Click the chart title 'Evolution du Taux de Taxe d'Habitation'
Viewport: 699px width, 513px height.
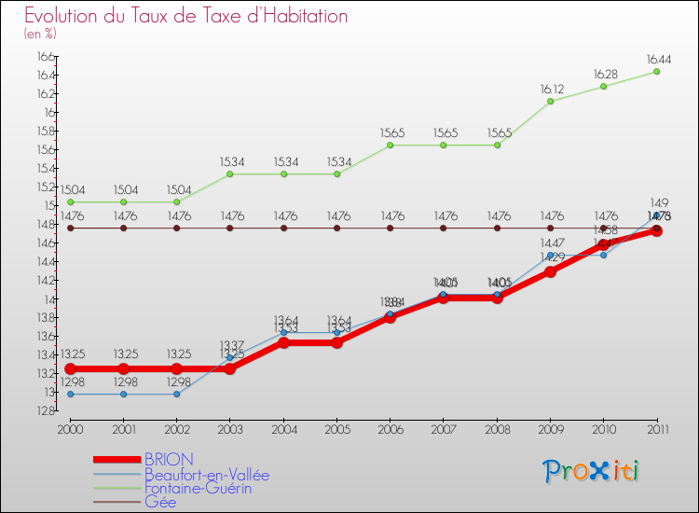coord(186,17)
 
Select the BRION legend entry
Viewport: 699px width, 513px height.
coord(169,459)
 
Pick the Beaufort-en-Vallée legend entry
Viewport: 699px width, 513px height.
coord(206,474)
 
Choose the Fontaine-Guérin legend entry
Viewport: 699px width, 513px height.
coord(198,488)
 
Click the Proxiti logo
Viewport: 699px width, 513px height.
coord(592,471)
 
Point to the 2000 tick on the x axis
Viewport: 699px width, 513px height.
coord(70,428)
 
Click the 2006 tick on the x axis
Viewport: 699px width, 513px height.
coord(390,428)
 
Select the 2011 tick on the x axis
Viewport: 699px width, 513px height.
coord(656,428)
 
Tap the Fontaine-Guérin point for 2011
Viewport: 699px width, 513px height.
coord(656,72)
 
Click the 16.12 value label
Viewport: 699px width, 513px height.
coord(550,89)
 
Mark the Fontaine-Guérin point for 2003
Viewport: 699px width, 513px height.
coord(230,173)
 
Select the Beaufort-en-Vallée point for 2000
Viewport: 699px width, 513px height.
coord(70,394)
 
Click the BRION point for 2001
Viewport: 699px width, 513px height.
coord(123,368)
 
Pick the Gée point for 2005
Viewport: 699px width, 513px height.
coord(336,228)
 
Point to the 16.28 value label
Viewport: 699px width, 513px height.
coord(603,74)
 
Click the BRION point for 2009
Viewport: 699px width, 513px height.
coord(550,271)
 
